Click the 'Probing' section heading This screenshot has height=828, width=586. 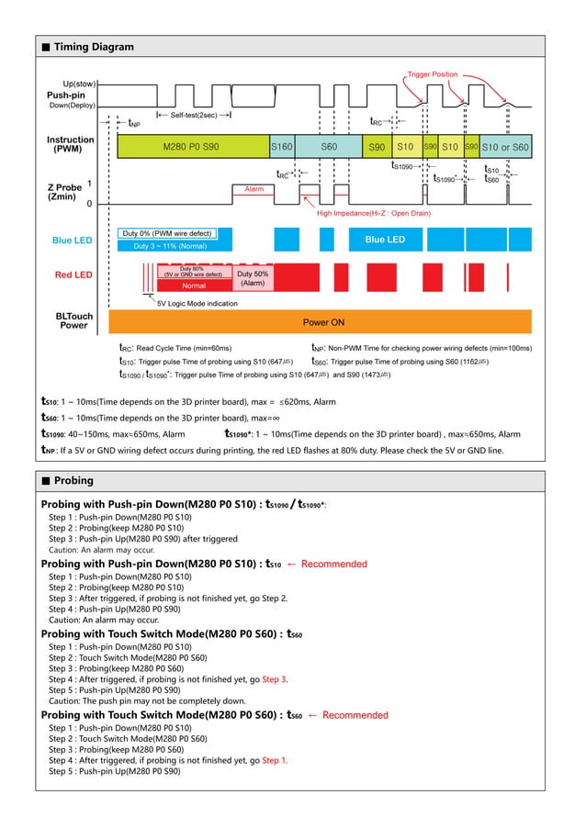(73, 481)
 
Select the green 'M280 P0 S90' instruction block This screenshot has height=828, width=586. (191, 147)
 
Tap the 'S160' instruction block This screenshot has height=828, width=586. (281, 147)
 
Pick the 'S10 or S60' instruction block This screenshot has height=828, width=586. (505, 147)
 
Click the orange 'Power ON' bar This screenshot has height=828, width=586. (323, 322)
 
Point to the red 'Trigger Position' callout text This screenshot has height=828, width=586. (432, 73)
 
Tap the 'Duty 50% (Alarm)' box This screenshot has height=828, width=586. (253, 278)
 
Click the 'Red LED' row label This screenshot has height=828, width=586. (73, 274)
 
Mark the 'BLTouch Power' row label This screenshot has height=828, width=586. (74, 320)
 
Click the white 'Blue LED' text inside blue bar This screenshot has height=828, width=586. (384, 240)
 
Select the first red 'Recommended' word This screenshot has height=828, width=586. (333, 564)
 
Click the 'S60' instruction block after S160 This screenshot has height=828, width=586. (328, 147)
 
